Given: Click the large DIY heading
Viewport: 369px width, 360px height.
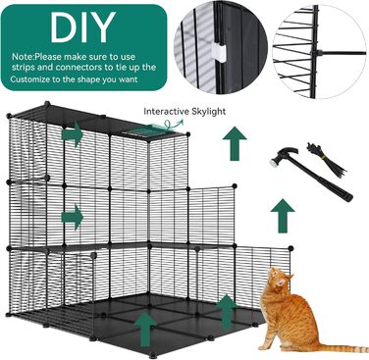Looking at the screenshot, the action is [83, 27].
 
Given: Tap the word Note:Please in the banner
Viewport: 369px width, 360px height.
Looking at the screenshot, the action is [36, 57].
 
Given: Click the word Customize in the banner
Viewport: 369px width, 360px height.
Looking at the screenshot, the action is [30, 79].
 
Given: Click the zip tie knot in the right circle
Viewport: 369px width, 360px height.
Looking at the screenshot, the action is [316, 53].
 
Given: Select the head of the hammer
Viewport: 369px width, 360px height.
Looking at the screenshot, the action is [283, 156].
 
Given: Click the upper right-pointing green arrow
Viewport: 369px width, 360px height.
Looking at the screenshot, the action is [72, 133].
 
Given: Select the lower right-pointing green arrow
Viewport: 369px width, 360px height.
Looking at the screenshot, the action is [73, 217].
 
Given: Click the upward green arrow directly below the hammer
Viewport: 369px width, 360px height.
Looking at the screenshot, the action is [283, 216].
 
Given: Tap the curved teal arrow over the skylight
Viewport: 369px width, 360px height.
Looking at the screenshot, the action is [174, 125].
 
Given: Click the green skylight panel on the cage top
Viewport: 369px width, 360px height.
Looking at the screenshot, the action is [143, 130].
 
